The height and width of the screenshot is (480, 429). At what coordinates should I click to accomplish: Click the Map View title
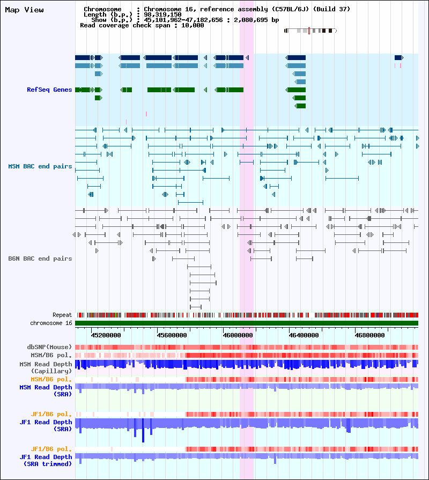coord(24,10)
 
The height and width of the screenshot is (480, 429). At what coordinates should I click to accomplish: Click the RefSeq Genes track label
coord(49,90)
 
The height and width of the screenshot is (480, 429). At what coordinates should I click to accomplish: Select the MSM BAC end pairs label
coord(40,166)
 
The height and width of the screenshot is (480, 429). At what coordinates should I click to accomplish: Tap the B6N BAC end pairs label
coord(40,259)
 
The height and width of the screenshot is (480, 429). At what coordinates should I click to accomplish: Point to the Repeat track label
coord(62,315)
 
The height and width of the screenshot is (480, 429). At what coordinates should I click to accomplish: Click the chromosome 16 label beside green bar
coord(51,323)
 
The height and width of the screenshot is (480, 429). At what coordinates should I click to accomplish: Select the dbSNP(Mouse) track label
coord(49,347)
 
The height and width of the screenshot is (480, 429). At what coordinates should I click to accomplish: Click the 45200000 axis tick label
coord(106,335)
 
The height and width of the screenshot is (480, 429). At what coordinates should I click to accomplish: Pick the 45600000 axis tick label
coord(172,335)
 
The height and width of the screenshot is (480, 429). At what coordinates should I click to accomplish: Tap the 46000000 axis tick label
coord(238,335)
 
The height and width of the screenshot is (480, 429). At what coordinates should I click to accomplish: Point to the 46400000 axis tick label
coord(304,335)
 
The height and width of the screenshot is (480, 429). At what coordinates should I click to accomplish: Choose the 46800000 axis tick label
coord(369,335)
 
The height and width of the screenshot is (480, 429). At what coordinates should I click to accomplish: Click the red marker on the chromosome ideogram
coord(309,31)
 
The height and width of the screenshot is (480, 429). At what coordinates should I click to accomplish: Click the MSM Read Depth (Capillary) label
coord(46,367)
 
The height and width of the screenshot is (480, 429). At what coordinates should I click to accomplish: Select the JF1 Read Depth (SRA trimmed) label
coord(46,460)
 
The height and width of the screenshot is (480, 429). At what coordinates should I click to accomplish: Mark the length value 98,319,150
coord(162,14)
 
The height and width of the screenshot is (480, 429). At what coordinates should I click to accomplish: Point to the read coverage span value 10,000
coord(193,25)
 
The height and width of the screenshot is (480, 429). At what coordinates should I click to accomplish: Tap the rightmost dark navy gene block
coord(399,57)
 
